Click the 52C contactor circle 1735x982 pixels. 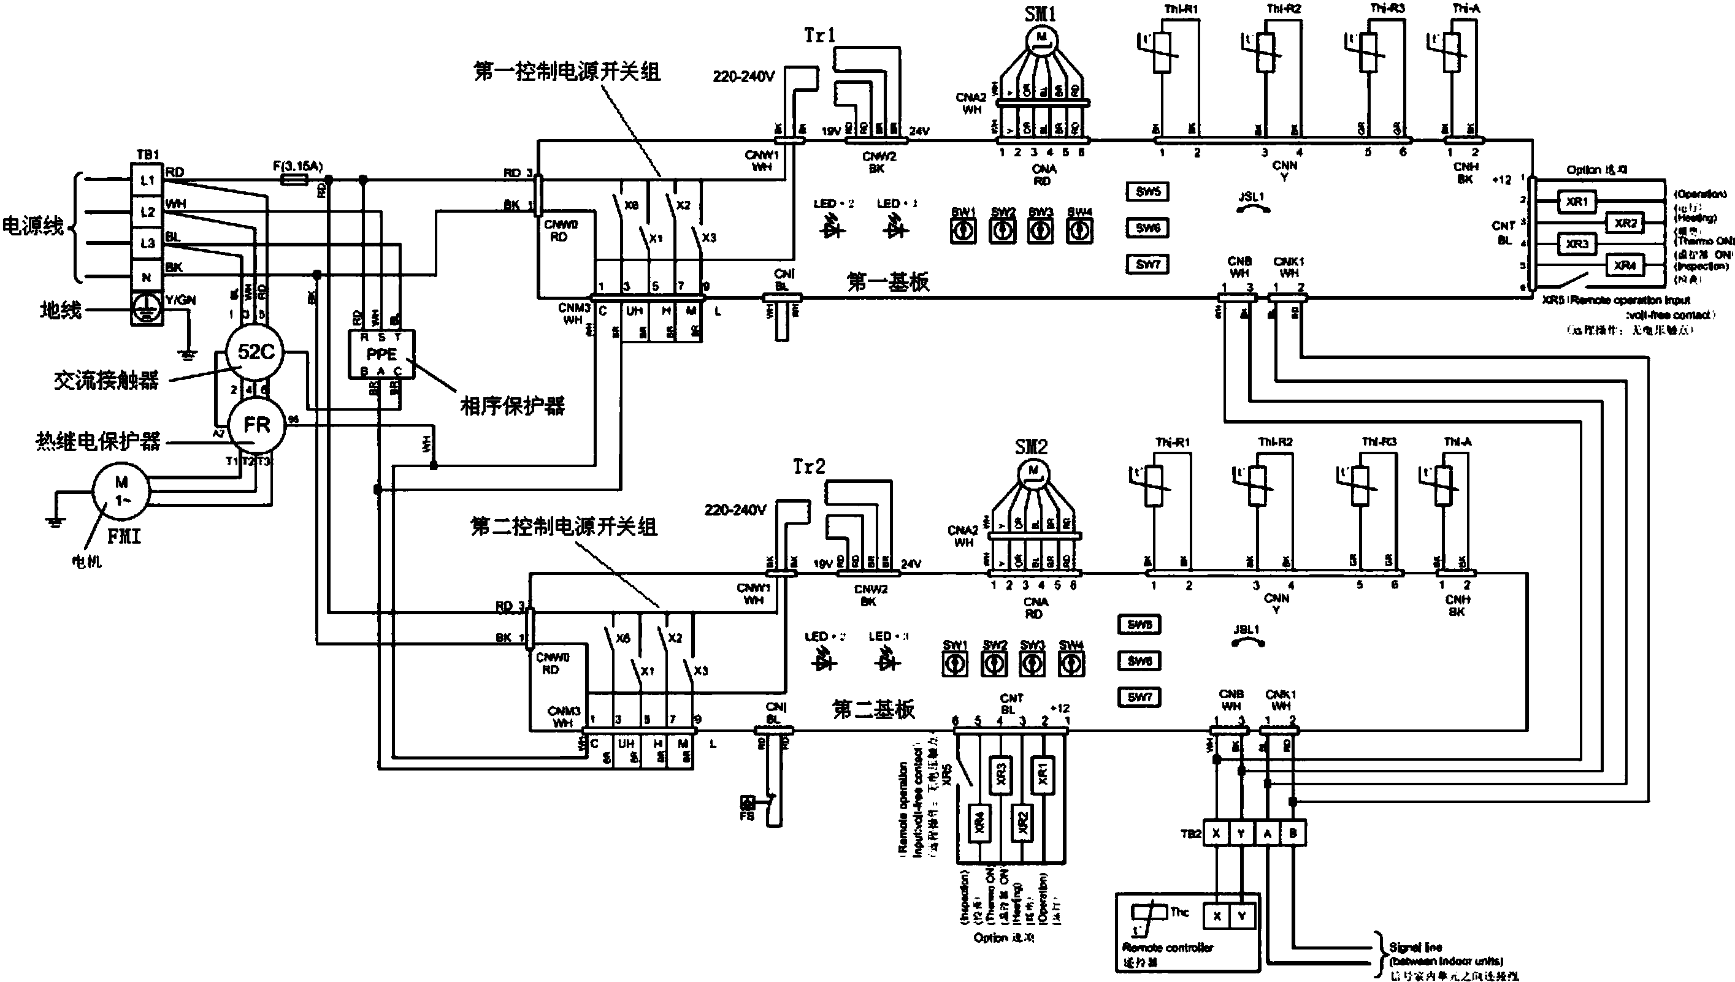click(x=256, y=352)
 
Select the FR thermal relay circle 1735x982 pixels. click(x=256, y=425)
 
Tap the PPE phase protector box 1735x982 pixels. click(x=381, y=354)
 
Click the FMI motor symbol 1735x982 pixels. click(x=122, y=492)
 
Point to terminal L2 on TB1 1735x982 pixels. click(x=147, y=211)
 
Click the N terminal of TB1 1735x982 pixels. click(x=147, y=276)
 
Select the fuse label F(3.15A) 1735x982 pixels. click(x=297, y=166)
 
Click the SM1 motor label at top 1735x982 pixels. click(x=1040, y=14)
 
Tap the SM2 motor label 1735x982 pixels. click(x=1031, y=447)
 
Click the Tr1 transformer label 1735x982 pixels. click(x=819, y=35)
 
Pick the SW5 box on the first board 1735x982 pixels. click(x=1147, y=191)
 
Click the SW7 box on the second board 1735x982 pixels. click(x=1139, y=697)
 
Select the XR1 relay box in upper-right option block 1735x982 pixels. click(x=1577, y=202)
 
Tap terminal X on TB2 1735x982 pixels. click(x=1216, y=834)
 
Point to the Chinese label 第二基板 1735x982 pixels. click(x=873, y=709)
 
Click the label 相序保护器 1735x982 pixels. click(x=513, y=406)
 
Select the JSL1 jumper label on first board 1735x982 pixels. click(x=1251, y=196)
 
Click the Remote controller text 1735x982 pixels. click(x=1168, y=948)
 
